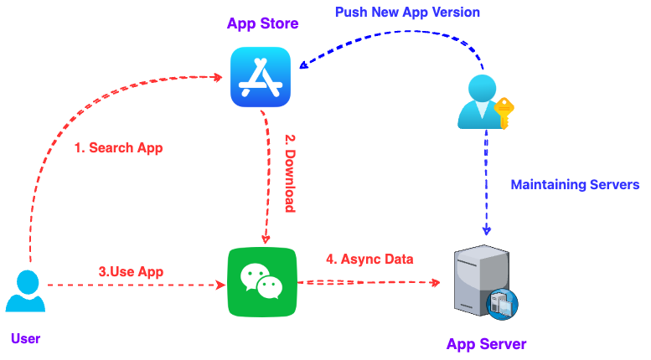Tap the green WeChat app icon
point(262,281)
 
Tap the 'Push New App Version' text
point(407,13)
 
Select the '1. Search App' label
point(117,148)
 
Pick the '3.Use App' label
point(131,271)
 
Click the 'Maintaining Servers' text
point(576,184)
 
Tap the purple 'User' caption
point(25,338)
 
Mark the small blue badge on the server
point(504,303)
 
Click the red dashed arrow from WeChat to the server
point(369,283)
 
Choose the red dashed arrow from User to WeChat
point(134,285)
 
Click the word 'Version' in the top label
point(454,13)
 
